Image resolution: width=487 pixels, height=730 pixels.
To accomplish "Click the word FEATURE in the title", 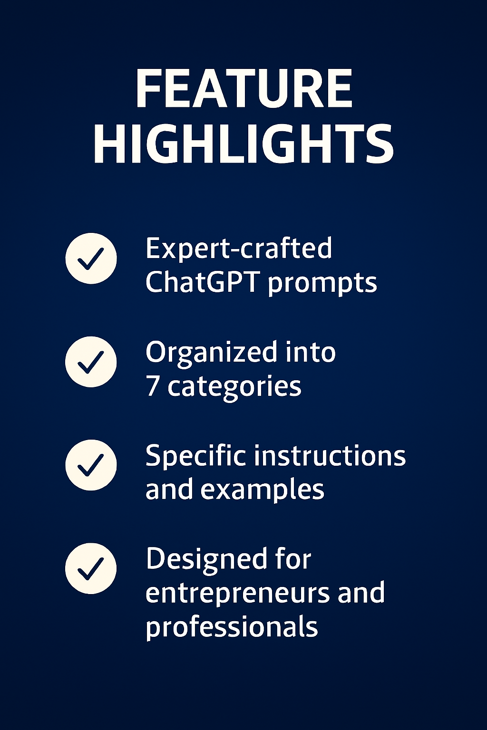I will coord(243,89).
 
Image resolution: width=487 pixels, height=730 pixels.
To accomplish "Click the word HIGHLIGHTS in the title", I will coord(243,144).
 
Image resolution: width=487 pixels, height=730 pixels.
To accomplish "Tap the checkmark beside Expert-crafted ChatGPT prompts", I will coord(91,259).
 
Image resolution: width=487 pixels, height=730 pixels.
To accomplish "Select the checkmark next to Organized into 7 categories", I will coord(91,362).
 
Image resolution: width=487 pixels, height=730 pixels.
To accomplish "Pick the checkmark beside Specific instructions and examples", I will coord(91,465).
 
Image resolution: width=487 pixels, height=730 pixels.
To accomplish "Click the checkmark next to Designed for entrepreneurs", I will coord(91,568).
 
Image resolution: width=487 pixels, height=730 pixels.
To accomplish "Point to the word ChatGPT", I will coord(202,282).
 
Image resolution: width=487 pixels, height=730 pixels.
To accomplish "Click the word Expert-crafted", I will coord(239,248).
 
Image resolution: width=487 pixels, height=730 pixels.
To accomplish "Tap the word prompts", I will coord(322,284).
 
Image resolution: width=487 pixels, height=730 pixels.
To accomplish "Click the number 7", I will coord(152,386).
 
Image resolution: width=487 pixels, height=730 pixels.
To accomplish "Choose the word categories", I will coord(234,387).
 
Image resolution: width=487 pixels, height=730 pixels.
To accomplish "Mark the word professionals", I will coord(232,627).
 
